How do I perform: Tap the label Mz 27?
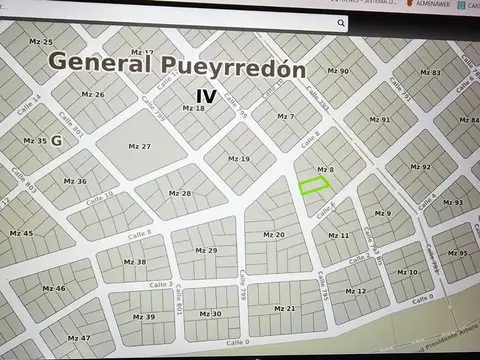pos(140,147)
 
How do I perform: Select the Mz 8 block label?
pos(324,170)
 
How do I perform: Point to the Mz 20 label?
pos(273,235)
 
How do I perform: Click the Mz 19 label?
pos(238,159)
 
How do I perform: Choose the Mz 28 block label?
pos(179,193)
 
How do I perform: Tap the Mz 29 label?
pos(206,250)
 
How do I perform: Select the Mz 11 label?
pos(338,236)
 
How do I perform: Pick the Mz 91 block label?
pos(379,120)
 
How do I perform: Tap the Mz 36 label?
pos(75,182)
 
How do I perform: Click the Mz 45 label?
pos(20,233)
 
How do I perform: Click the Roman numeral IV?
pos(206,96)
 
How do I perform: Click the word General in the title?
pos(97,61)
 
